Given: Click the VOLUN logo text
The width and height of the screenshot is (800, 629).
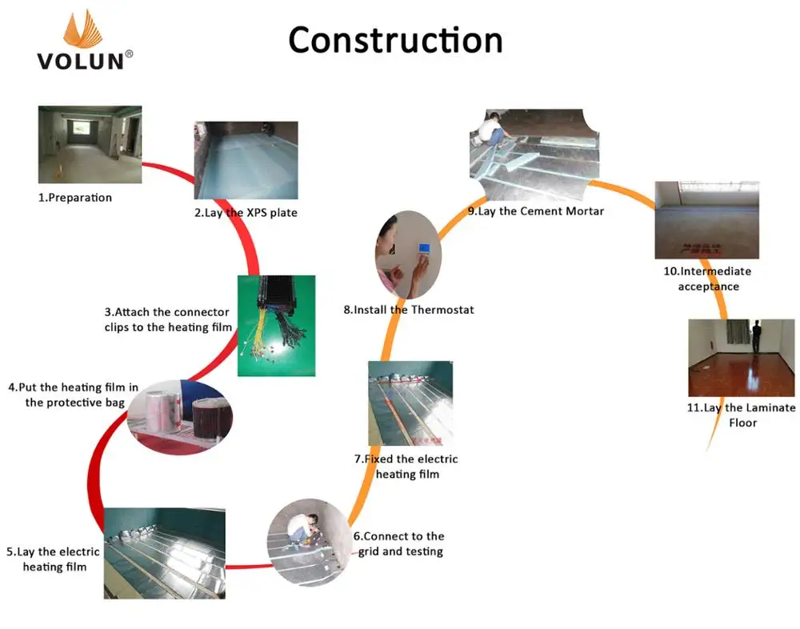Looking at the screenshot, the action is click(x=80, y=60).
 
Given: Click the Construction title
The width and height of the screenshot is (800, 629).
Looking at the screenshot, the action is click(x=395, y=40).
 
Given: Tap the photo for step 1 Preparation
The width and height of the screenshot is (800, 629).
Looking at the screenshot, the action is click(x=90, y=145).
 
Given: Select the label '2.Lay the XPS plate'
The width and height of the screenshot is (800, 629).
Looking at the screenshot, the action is click(x=246, y=213).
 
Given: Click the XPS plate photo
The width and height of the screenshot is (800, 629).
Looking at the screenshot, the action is click(x=246, y=160).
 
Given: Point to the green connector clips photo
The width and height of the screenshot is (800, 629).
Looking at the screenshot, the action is click(x=276, y=325).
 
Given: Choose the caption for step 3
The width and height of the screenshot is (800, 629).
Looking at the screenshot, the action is click(x=167, y=319).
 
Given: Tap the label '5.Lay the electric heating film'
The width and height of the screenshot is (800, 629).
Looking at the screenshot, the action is click(x=54, y=559).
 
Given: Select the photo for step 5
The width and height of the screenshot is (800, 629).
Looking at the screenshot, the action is click(x=164, y=552).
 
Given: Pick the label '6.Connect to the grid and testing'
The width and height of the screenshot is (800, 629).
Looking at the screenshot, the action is click(x=398, y=543).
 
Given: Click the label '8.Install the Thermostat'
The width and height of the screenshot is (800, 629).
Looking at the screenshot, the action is click(x=409, y=310).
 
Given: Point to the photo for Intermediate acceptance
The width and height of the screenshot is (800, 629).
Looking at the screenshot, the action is click(x=706, y=219).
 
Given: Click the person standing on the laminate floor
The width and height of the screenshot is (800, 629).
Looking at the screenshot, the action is click(x=754, y=335).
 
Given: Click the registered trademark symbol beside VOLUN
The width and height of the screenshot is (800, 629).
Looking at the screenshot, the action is click(x=130, y=54).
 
